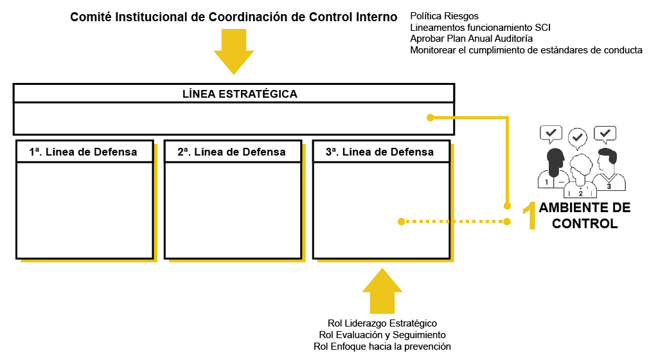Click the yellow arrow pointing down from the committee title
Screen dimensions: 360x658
click(x=234, y=51)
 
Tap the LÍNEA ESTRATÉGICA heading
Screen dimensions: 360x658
click(x=240, y=94)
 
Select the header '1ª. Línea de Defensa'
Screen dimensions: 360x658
click(x=84, y=152)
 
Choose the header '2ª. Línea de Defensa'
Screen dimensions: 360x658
click(x=232, y=152)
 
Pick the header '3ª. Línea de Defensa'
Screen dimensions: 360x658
click(x=380, y=152)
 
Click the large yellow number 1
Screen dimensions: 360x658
click(x=529, y=216)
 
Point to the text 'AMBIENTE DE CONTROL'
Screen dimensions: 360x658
click(x=584, y=216)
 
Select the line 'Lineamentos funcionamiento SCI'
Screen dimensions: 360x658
click(x=480, y=27)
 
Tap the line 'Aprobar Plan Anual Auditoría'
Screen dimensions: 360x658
click(x=471, y=39)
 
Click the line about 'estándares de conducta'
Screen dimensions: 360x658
click(x=526, y=50)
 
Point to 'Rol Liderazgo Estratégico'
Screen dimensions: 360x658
click(x=382, y=323)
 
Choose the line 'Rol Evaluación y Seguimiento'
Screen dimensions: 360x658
click(x=382, y=335)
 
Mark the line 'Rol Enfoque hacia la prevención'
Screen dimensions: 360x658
click(x=382, y=346)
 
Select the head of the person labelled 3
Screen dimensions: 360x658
click(x=606, y=158)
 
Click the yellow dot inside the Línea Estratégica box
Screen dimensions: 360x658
click(x=431, y=117)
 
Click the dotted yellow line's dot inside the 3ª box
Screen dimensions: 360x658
click(x=402, y=222)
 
